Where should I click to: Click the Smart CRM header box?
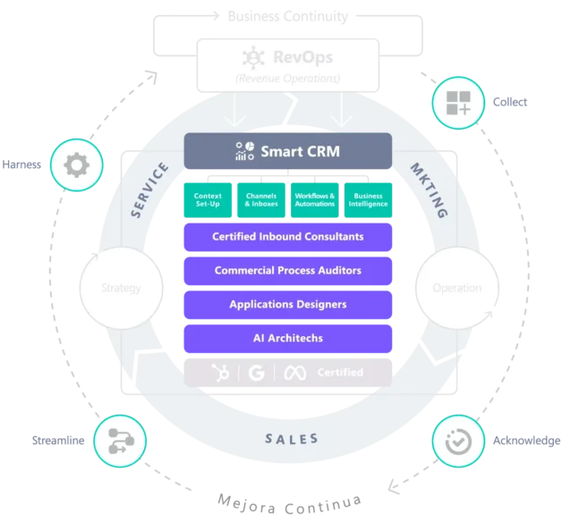click(x=287, y=151)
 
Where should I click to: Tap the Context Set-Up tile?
click(x=208, y=199)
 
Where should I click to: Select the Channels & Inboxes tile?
click(x=260, y=199)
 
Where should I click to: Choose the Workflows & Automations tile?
click(x=314, y=199)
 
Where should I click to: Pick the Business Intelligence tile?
click(x=368, y=199)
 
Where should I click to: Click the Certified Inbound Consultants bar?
click(x=287, y=237)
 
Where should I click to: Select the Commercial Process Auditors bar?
click(x=287, y=270)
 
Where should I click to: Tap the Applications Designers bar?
click(x=287, y=304)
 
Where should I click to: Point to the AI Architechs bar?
click(x=287, y=338)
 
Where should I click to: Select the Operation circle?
click(x=456, y=288)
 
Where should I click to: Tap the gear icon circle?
click(x=76, y=165)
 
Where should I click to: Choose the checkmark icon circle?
click(x=459, y=441)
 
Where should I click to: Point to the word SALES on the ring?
click(x=292, y=439)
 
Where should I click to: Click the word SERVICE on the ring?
click(x=149, y=190)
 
